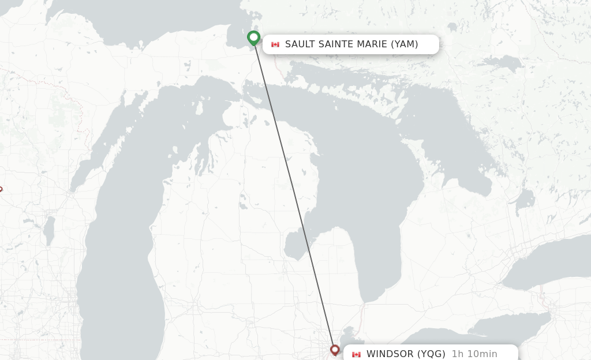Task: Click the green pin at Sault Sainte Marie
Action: pyautogui.click(x=253, y=37)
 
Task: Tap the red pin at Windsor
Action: pyautogui.click(x=335, y=350)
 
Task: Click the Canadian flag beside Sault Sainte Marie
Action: pyautogui.click(x=275, y=44)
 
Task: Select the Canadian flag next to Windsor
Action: pyautogui.click(x=356, y=354)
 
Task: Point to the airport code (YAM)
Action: pyautogui.click(x=405, y=44)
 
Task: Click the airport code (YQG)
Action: pyautogui.click(x=431, y=354)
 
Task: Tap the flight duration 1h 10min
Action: pyautogui.click(x=474, y=354)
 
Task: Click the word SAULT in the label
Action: pyautogui.click(x=300, y=44)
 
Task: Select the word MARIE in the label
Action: pyautogui.click(x=372, y=44)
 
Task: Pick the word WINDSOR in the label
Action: pyautogui.click(x=390, y=354)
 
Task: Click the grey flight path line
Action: pyautogui.click(x=294, y=196)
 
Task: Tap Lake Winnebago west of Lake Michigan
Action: pyautogui.click(x=49, y=229)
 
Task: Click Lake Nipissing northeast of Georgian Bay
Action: pyautogui.click(x=502, y=62)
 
